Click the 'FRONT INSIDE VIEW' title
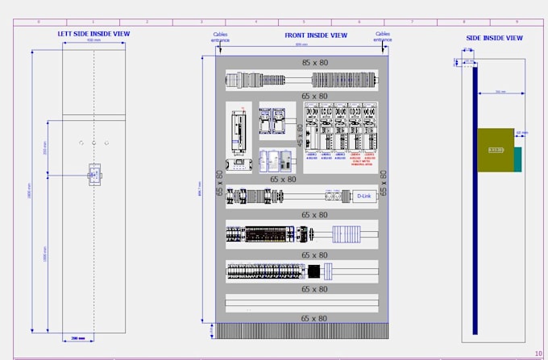316,35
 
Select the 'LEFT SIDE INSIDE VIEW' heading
93,34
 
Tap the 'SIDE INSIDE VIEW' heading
494,38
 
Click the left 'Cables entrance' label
220,37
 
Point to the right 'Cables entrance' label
382,37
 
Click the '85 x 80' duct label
314,63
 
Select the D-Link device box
363,196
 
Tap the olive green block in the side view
495,150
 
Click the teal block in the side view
518,159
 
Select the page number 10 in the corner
538,353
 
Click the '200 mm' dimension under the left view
78,338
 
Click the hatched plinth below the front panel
302,331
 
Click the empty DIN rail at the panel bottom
302,304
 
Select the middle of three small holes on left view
93,143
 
